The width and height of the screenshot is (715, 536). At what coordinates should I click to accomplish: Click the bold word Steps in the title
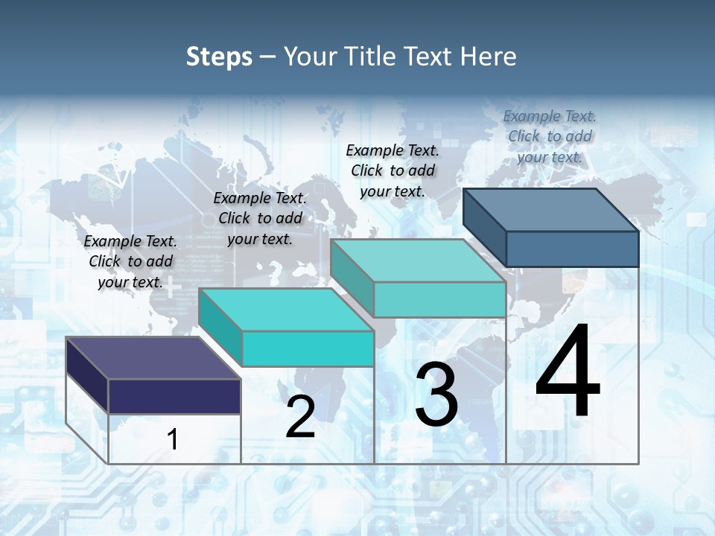(219, 57)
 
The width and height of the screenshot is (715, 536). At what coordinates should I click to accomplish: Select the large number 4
(568, 372)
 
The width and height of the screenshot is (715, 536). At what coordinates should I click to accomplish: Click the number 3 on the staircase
(436, 395)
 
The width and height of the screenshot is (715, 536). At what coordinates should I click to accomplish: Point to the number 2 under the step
(300, 417)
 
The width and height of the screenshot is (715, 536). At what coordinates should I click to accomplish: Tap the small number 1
(173, 440)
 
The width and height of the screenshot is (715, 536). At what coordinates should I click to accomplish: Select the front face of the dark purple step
(174, 396)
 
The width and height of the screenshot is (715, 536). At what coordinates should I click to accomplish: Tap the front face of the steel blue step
(572, 249)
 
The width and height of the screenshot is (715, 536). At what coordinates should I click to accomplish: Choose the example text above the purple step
(130, 261)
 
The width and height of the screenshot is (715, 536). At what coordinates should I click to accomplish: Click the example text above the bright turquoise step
(260, 218)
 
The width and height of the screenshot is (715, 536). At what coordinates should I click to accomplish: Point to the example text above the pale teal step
(393, 170)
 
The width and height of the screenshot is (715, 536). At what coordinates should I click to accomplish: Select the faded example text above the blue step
(550, 136)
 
